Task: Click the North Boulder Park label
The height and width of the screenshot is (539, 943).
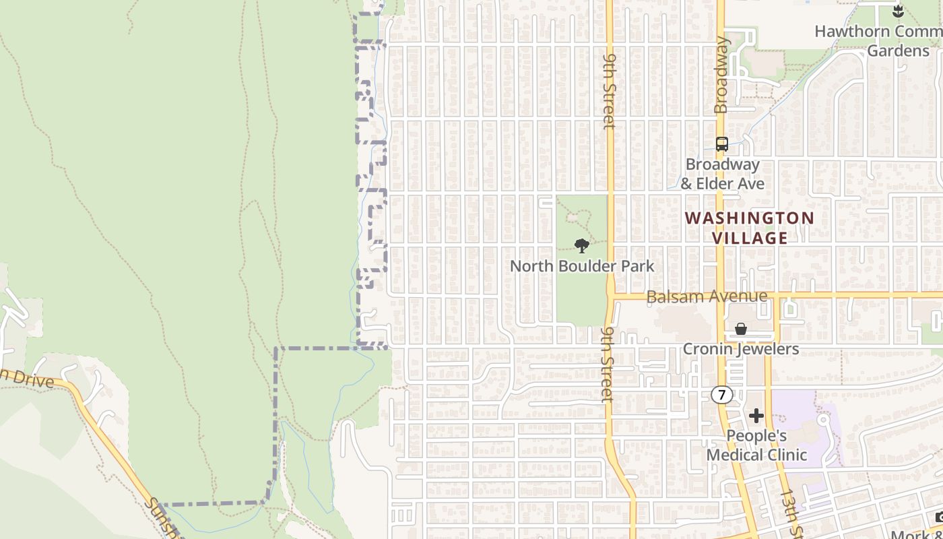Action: click(581, 266)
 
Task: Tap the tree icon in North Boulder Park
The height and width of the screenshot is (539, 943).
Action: click(582, 246)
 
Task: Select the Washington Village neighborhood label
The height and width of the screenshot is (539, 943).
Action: click(749, 228)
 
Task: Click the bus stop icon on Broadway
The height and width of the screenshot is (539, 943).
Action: click(721, 144)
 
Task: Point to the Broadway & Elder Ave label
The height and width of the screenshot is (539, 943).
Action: click(722, 174)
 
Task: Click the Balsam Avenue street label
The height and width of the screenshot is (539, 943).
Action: click(706, 296)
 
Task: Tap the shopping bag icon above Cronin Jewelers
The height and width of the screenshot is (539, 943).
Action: click(740, 329)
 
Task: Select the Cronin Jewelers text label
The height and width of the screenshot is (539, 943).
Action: click(740, 349)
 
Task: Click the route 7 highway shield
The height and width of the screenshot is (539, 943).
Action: click(721, 395)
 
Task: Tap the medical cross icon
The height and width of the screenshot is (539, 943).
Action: click(756, 416)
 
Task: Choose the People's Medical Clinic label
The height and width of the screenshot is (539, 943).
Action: click(756, 445)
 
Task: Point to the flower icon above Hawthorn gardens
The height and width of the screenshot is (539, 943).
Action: click(897, 10)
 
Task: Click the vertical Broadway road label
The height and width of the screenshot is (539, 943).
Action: click(721, 74)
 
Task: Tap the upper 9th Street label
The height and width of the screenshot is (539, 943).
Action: click(609, 91)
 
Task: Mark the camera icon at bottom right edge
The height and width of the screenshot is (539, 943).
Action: click(938, 517)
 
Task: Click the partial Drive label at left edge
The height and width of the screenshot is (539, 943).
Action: click(27, 379)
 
